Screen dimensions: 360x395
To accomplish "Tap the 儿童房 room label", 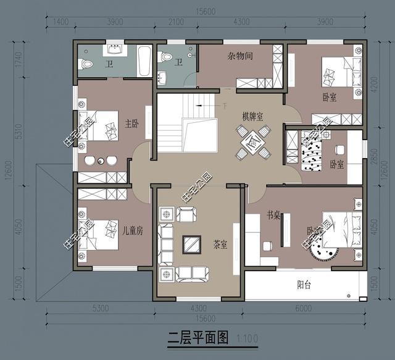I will (132, 231).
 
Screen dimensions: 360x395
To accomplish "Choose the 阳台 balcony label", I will (303, 285).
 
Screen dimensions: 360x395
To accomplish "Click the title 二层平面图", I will (198, 338).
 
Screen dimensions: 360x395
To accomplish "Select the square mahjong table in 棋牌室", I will (253, 141).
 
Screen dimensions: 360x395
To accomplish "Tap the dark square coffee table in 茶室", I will (193, 244).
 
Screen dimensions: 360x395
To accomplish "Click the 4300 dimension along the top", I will (242, 22).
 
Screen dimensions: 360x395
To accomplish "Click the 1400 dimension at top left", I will (60, 22).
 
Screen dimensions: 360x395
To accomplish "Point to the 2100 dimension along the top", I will (176, 22).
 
